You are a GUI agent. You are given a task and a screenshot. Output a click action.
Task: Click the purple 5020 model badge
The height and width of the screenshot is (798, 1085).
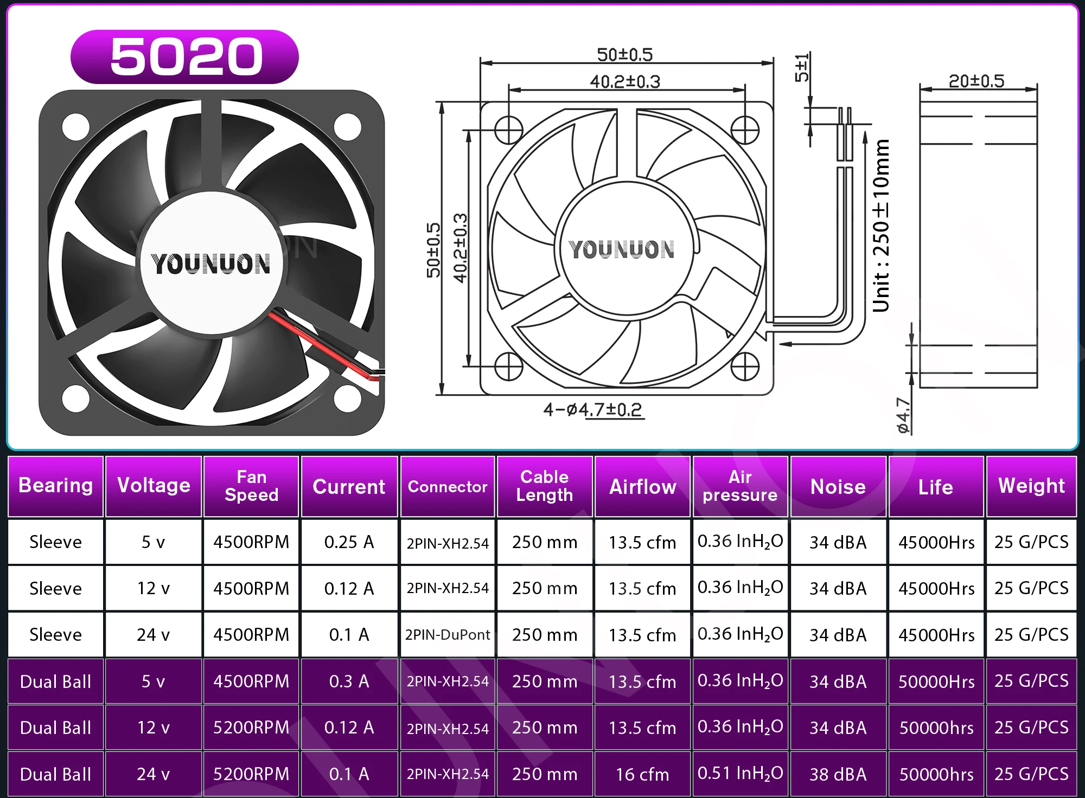pyautogui.click(x=184, y=56)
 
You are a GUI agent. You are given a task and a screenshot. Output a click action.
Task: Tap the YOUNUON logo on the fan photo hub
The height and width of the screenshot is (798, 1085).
pyautogui.click(x=211, y=264)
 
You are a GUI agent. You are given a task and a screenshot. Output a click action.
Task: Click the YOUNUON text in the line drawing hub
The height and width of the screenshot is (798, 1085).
pyautogui.click(x=622, y=249)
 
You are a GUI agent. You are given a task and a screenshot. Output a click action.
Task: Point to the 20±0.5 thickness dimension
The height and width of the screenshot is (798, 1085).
pyautogui.click(x=976, y=81)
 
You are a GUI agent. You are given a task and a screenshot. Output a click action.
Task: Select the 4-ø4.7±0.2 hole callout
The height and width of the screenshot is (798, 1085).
pyautogui.click(x=593, y=409)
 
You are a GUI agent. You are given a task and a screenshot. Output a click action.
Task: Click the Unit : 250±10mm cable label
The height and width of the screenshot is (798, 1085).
pyautogui.click(x=881, y=226)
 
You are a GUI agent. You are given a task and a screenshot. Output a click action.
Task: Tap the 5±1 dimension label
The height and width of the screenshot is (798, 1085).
pyautogui.click(x=802, y=67)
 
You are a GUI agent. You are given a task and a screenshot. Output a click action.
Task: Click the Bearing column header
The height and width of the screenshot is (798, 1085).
pyautogui.click(x=56, y=486)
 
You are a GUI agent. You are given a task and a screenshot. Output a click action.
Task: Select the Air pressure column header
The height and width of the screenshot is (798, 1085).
pyautogui.click(x=740, y=486)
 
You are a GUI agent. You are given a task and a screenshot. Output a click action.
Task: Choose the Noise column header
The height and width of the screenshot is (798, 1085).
pyautogui.click(x=838, y=487)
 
